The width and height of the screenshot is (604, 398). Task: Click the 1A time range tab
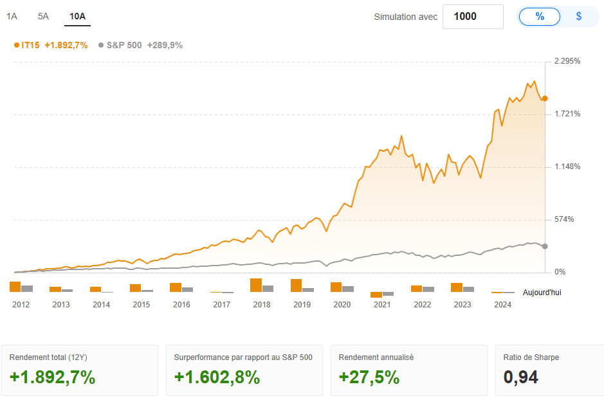(x=12, y=17)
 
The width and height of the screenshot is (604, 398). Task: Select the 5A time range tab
(x=43, y=17)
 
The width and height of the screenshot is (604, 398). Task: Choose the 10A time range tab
(x=77, y=17)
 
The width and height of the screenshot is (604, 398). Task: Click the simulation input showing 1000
(x=473, y=17)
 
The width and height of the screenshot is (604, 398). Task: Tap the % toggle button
(x=540, y=17)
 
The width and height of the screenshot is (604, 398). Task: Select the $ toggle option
(x=579, y=17)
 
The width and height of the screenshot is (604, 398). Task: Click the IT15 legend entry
(x=51, y=45)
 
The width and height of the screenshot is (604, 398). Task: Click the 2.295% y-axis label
(x=567, y=62)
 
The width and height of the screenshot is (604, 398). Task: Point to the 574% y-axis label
(x=564, y=220)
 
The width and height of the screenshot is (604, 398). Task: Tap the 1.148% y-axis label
(x=567, y=167)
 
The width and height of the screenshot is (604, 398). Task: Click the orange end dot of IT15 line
(x=545, y=98)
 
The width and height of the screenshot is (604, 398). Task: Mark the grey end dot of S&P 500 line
(x=545, y=246)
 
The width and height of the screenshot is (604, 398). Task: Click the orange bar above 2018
(x=256, y=285)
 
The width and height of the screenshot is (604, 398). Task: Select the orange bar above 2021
(x=376, y=294)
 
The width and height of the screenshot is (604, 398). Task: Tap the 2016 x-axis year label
(x=181, y=305)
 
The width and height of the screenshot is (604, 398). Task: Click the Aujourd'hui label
(x=542, y=293)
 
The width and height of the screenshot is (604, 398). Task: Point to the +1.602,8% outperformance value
(x=217, y=377)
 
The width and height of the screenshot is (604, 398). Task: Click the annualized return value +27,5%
(x=369, y=377)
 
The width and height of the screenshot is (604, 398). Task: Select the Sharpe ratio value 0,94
(x=521, y=377)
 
